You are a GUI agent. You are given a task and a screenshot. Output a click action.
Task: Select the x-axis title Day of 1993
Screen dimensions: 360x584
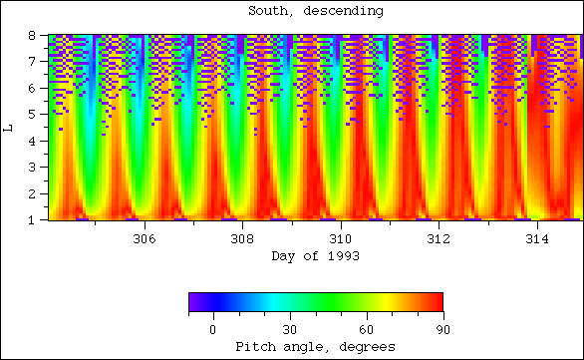pyautogui.click(x=316, y=256)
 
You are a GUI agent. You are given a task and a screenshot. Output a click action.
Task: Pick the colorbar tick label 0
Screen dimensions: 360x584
pyautogui.click(x=212, y=329)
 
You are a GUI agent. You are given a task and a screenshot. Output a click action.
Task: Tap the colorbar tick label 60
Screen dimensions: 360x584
pyautogui.click(x=366, y=329)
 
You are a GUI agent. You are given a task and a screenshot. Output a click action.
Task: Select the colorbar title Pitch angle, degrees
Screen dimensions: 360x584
pyautogui.click(x=316, y=347)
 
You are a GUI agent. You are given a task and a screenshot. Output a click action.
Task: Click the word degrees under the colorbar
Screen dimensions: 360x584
pyautogui.click(x=367, y=347)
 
